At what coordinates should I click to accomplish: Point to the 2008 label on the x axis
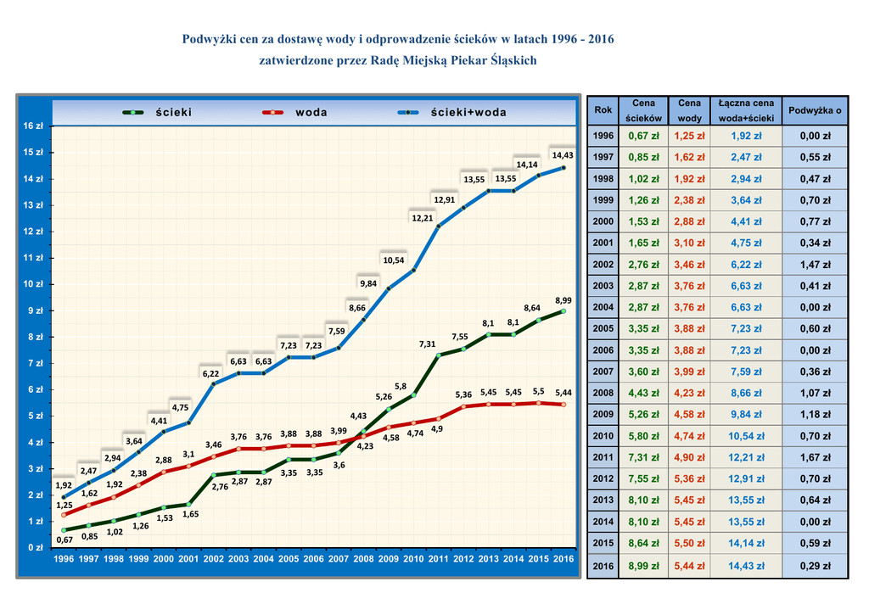pyautogui.click(x=363, y=559)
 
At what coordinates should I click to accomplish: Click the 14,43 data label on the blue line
pyautogui.click(x=563, y=155)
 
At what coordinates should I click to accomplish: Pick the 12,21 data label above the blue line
pyautogui.click(x=423, y=218)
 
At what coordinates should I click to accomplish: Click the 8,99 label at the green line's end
pyautogui.click(x=563, y=300)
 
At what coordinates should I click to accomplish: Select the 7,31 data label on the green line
pyautogui.click(x=428, y=344)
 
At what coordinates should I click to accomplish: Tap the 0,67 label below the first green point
pyautogui.click(x=64, y=540)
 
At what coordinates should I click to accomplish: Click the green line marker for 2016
pyautogui.click(x=563, y=311)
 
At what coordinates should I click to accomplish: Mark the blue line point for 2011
pyautogui.click(x=439, y=226)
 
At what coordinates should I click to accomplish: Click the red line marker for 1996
pyautogui.click(x=64, y=515)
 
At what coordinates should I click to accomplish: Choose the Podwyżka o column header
pyautogui.click(x=815, y=110)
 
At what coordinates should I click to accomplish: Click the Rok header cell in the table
pyautogui.click(x=603, y=110)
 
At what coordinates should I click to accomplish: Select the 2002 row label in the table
pyautogui.click(x=603, y=265)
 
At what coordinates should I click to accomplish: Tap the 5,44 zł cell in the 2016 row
pyautogui.click(x=689, y=566)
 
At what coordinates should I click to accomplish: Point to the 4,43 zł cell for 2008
pyautogui.click(x=644, y=394)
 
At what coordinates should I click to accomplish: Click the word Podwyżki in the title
pyautogui.click(x=210, y=40)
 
